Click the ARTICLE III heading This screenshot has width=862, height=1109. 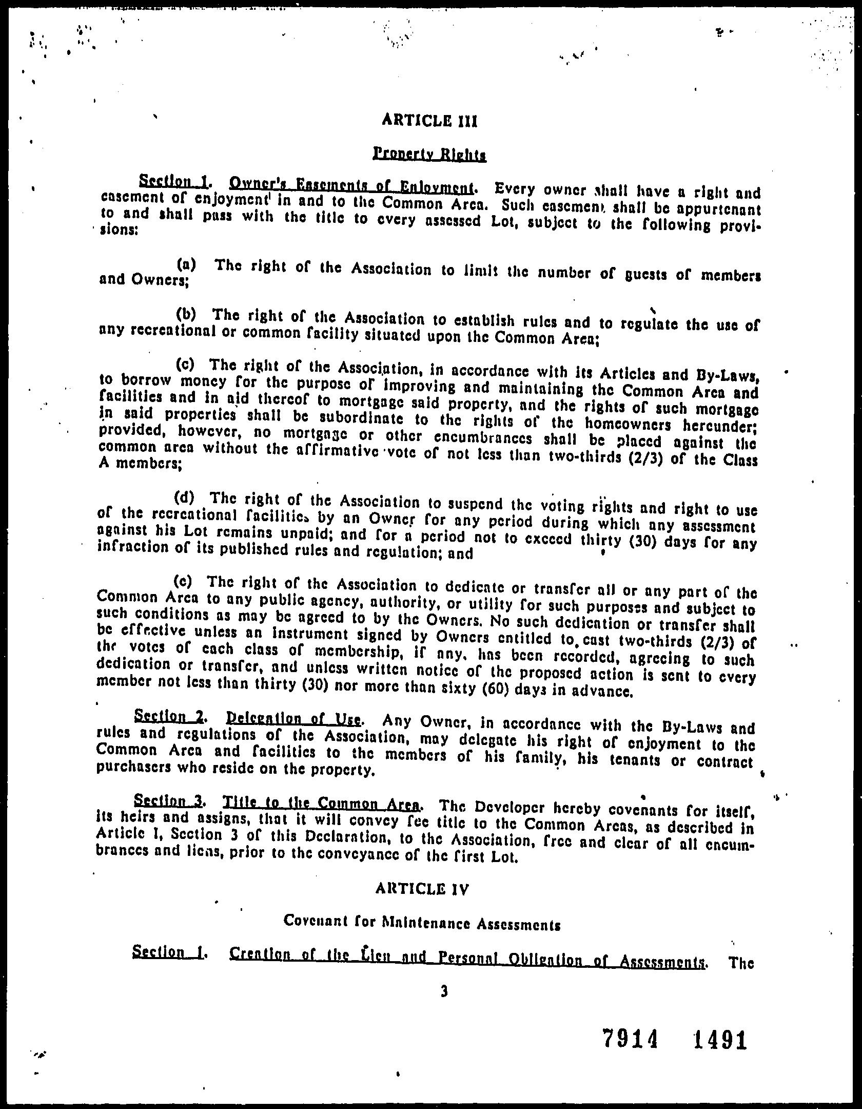click(430, 121)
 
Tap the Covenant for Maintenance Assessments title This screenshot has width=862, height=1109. click(421, 924)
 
